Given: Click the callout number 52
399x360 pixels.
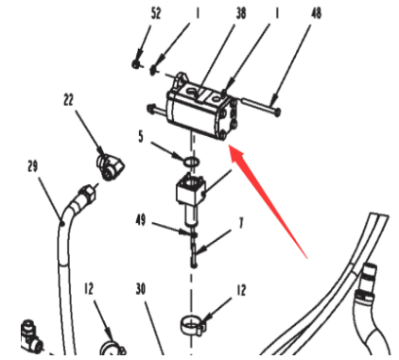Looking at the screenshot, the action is [x=156, y=13].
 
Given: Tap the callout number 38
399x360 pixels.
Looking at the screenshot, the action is [x=241, y=13].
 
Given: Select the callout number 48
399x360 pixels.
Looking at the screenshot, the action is [x=316, y=13].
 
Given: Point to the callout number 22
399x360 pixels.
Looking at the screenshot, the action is [x=68, y=100].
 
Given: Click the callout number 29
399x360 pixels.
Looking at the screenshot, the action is [x=33, y=166].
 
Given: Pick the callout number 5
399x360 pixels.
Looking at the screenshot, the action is [x=141, y=137].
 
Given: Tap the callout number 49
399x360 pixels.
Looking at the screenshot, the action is [x=141, y=220].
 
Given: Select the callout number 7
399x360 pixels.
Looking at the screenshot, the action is [x=241, y=223].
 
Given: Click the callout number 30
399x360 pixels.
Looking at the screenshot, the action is [x=141, y=289].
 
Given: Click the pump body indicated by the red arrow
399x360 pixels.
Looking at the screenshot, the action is [x=201, y=106].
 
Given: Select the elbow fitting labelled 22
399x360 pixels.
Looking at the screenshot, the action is [x=110, y=164].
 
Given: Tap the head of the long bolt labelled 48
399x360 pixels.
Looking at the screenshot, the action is [x=277, y=111].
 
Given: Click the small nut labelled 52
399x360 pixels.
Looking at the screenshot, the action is [x=135, y=64].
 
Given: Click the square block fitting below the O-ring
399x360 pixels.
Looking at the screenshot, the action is [x=191, y=191].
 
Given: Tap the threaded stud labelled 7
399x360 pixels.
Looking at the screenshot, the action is [x=194, y=250].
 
